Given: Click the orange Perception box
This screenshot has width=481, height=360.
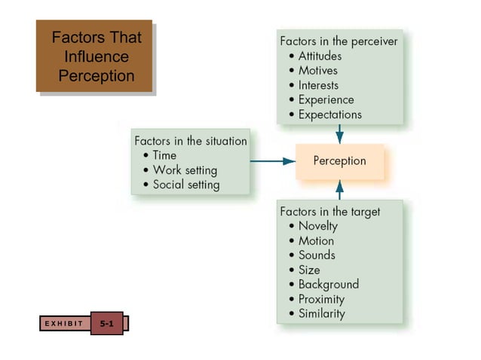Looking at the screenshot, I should point(339,161).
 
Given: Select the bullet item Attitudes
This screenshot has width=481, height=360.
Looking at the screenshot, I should point(320,56).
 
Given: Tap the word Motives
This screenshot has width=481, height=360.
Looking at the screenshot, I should point(317,71).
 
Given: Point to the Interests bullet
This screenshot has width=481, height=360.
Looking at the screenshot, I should point(318,85).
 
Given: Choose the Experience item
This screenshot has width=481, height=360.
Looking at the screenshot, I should point(326,99).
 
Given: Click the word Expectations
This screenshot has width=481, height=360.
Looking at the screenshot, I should point(329,114).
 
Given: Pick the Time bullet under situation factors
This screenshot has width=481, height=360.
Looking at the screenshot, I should point(164,155).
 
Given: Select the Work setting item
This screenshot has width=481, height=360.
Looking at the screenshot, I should point(184,169).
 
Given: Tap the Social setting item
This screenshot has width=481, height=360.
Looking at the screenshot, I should point(185,185).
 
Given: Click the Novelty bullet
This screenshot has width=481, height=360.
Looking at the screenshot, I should point(317,226).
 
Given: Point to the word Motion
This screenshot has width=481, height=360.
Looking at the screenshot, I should point(316,241).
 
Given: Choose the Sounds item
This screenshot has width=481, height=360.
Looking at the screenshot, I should point(317,255).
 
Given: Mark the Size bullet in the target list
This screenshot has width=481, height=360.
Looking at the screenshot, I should point(309,270).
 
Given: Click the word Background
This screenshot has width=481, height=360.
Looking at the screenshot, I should point(328,284).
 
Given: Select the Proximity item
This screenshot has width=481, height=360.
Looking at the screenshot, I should point(321,299).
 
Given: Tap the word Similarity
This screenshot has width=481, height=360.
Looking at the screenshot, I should point(321,313).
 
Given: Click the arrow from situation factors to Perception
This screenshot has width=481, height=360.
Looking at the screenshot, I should point(272,161).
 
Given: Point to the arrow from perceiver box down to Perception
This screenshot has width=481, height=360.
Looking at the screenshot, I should point(339,133).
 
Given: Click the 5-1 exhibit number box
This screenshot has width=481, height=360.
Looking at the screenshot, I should point(106,323).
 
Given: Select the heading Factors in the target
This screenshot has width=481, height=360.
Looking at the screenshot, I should point(329,212).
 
